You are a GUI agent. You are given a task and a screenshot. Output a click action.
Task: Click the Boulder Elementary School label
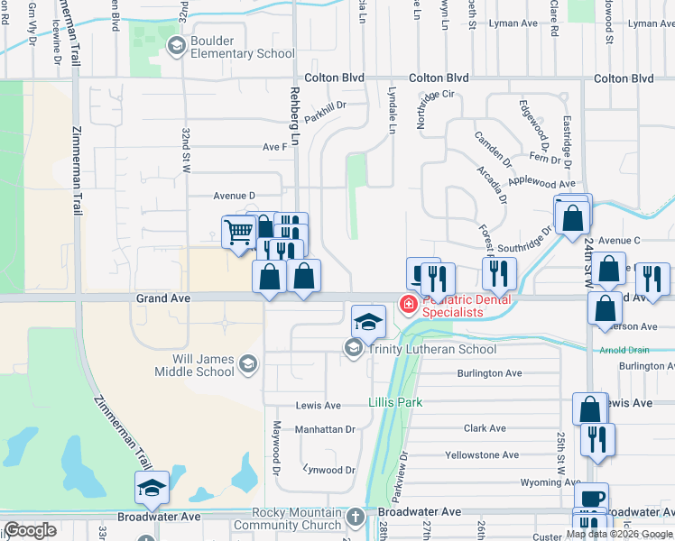pos(243,47)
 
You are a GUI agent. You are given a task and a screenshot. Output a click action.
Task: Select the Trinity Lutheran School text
pos(433,350)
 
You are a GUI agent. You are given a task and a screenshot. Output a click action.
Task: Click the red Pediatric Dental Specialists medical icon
pos(408,306)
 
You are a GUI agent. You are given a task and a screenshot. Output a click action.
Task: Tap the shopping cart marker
pos(238,232)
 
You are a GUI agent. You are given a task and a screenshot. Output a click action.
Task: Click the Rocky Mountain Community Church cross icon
pos(356,518)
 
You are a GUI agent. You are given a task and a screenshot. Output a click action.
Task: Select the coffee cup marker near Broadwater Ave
pos(591,499)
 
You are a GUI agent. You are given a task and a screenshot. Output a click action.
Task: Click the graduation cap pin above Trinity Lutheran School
pos(368,321)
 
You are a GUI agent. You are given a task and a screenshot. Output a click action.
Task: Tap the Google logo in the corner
pos(31,531)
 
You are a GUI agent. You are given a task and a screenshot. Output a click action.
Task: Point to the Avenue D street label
pos(235,195)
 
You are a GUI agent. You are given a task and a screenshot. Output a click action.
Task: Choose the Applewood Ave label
pos(541,183)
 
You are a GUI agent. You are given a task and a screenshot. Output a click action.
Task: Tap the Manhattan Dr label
pos(326,430)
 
